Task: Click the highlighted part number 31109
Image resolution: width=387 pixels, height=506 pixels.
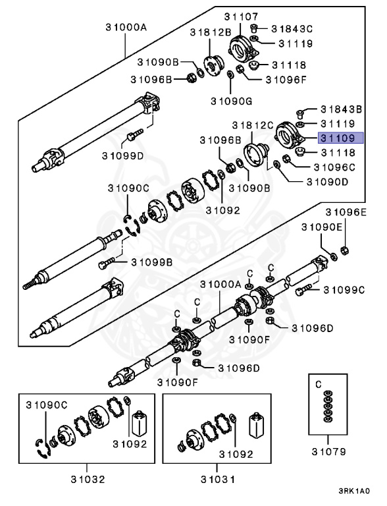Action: pyautogui.click(x=337, y=138)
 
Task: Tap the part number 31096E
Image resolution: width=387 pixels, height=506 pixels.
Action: pyautogui.click(x=344, y=212)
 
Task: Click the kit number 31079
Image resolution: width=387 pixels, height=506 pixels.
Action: pyautogui.click(x=328, y=453)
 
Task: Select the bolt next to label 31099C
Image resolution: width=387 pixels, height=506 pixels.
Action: pyautogui.click(x=305, y=288)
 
